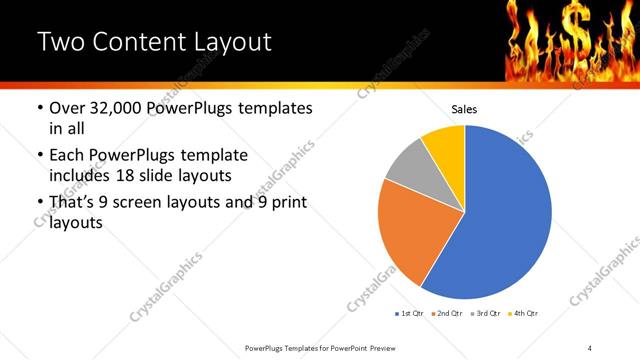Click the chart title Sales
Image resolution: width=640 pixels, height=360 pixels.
click(x=464, y=109)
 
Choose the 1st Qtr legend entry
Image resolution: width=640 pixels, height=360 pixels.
click(x=409, y=313)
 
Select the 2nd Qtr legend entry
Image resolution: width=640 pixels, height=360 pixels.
click(x=446, y=313)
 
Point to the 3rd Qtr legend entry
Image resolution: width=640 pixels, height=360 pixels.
click(x=484, y=313)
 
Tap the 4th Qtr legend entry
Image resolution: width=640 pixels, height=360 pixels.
click(x=523, y=313)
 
